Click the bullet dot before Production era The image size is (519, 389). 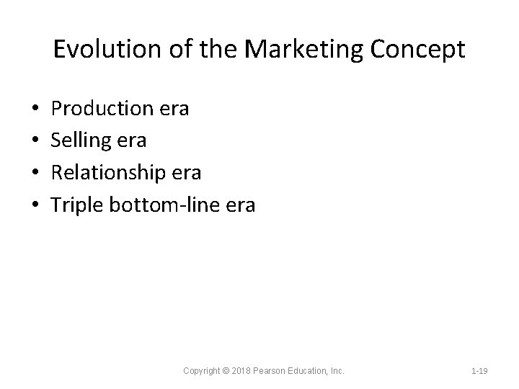(x=36, y=109)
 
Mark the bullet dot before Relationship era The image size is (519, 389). (x=36, y=174)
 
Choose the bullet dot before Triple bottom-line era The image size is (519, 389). (x=36, y=206)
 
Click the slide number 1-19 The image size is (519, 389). (x=479, y=371)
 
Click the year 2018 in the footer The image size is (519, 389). (x=240, y=371)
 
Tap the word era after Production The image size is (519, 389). (x=174, y=109)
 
